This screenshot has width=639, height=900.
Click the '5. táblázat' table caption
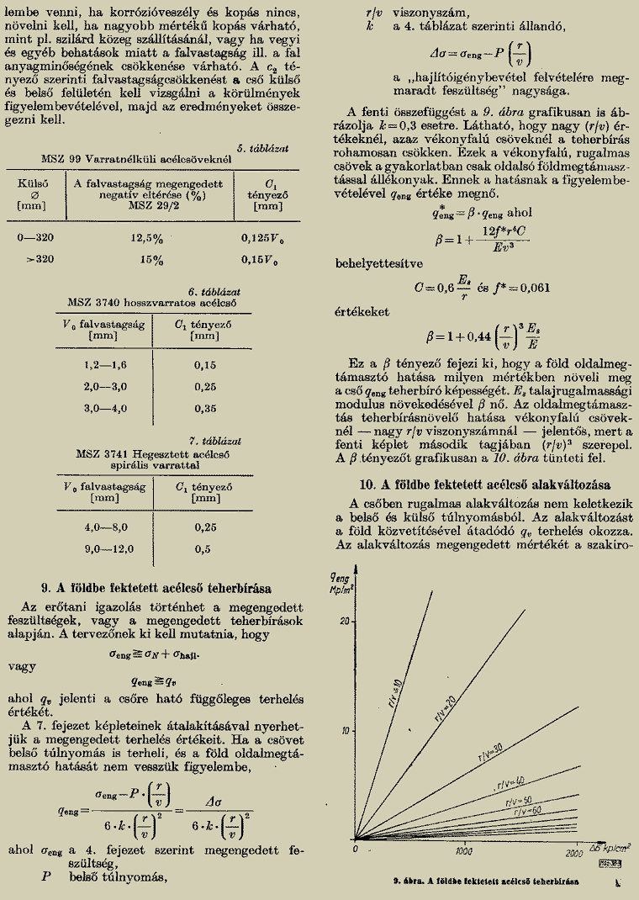(x=262, y=148)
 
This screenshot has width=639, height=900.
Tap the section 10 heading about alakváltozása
(x=485, y=484)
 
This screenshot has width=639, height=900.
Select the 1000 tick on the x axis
(x=465, y=854)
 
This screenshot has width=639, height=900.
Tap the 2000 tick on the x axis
(x=575, y=854)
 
